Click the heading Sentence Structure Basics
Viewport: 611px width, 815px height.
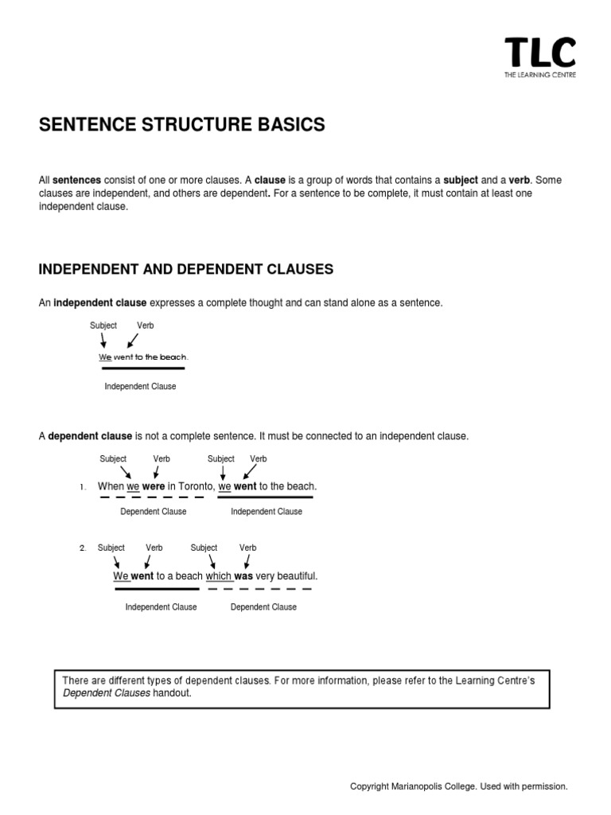click(x=182, y=125)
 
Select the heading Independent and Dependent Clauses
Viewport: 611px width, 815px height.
click(x=185, y=270)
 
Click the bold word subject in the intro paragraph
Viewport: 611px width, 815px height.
click(x=461, y=181)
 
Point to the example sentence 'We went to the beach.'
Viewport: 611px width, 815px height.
click(x=143, y=357)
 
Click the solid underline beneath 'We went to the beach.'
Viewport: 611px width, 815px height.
click(x=142, y=369)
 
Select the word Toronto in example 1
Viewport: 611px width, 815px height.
click(x=196, y=486)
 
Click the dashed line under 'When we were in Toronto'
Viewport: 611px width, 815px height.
click(x=151, y=497)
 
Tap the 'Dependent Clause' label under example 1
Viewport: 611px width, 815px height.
click(x=154, y=512)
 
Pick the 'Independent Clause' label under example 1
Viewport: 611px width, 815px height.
click(x=267, y=512)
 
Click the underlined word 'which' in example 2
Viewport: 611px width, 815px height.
click(x=219, y=575)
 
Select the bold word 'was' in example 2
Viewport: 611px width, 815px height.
click(x=243, y=575)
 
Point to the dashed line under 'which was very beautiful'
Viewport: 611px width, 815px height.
click(x=259, y=589)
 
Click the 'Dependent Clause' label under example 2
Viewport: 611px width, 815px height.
click(x=263, y=607)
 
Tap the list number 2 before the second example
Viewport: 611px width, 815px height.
click(x=82, y=548)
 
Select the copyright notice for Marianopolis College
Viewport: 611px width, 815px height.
click(x=459, y=786)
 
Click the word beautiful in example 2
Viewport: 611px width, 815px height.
click(x=296, y=575)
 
